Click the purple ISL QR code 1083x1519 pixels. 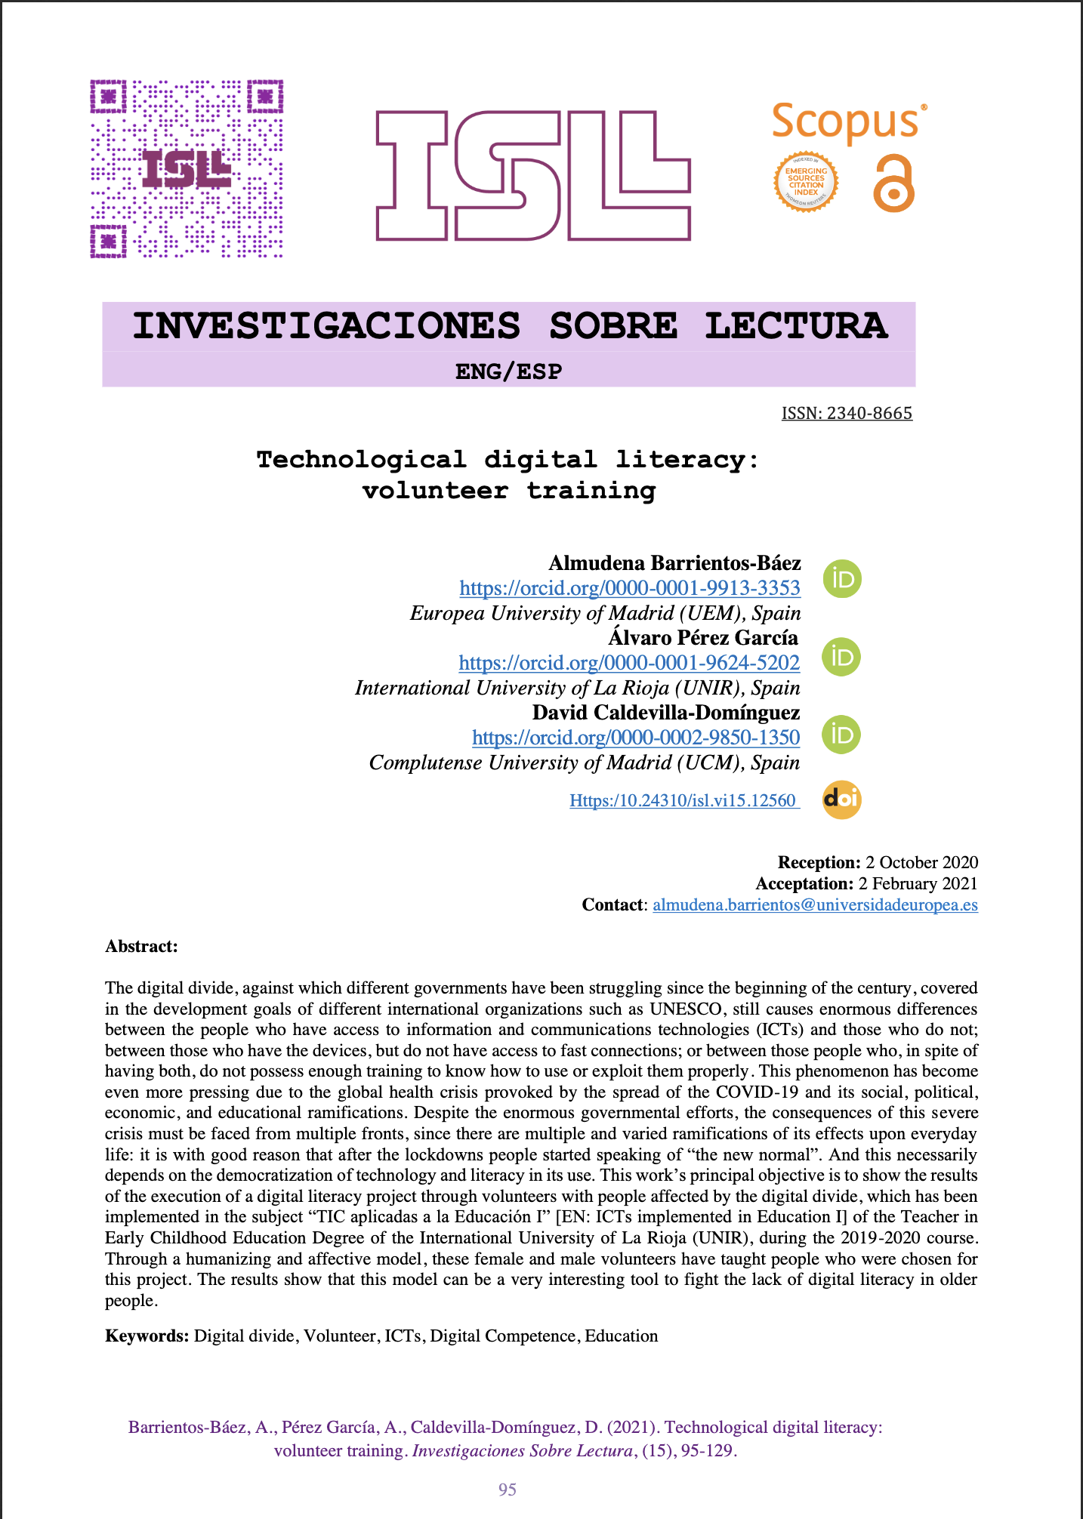187,168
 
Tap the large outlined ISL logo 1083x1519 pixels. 533,176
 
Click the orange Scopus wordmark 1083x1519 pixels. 844,123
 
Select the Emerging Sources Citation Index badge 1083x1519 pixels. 806,182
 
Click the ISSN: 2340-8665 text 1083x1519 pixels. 847,414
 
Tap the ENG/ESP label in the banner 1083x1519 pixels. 508,371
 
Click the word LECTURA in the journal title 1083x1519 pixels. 796,326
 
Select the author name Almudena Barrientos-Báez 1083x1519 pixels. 674,563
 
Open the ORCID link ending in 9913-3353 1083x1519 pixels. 630,588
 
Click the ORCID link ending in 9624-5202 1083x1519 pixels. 629,663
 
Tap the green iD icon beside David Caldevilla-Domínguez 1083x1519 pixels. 841,735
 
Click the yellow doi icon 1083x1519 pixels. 841,799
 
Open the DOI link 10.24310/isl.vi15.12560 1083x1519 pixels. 683,800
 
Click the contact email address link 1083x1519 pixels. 815,904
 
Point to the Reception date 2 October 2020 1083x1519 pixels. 921,862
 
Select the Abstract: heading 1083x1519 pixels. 141,946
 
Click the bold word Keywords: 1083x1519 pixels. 147,1336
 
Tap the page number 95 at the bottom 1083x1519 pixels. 508,1490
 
